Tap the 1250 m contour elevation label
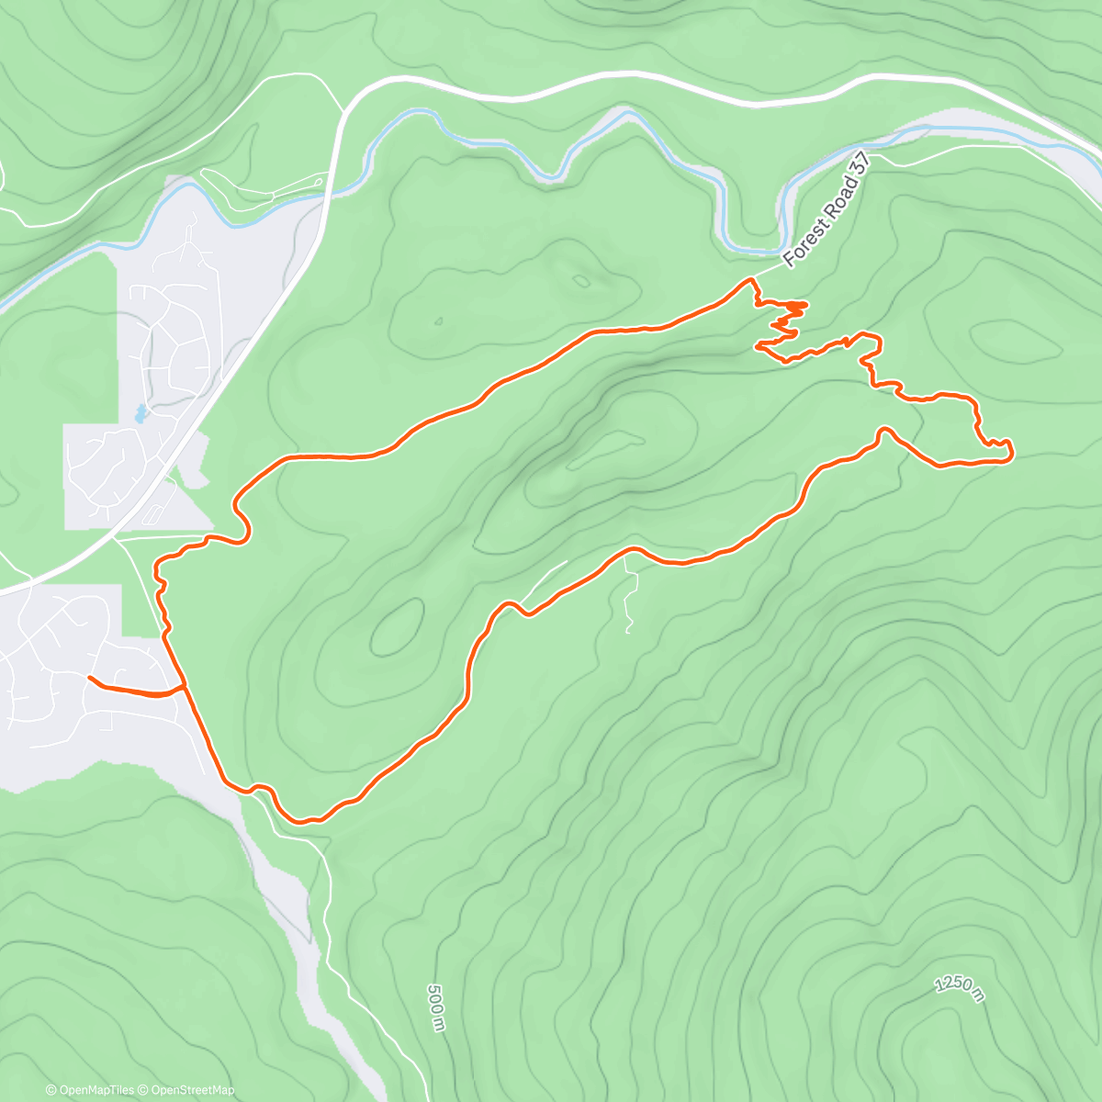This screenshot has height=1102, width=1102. pos(961,990)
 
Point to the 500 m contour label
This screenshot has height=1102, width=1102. pos(435,1007)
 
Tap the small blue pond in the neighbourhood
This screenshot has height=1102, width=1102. pos(140,413)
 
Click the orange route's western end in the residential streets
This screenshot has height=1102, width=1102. pos(90,678)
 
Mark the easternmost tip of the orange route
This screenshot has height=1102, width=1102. pos(1011,451)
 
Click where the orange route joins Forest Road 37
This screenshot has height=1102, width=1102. pos(752,278)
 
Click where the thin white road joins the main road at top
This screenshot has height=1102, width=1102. pos(342,112)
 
